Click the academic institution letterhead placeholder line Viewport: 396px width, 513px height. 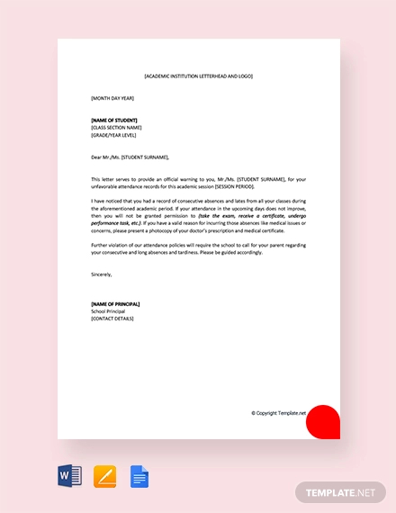pos(198,76)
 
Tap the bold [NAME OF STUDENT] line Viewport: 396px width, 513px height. pos(115,120)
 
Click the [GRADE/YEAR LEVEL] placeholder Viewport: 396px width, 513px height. pos(117,134)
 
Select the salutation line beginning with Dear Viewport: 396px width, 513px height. pos(130,156)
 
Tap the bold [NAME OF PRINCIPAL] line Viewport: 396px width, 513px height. pos(115,304)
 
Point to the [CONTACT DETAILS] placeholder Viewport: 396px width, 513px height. pos(112,319)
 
